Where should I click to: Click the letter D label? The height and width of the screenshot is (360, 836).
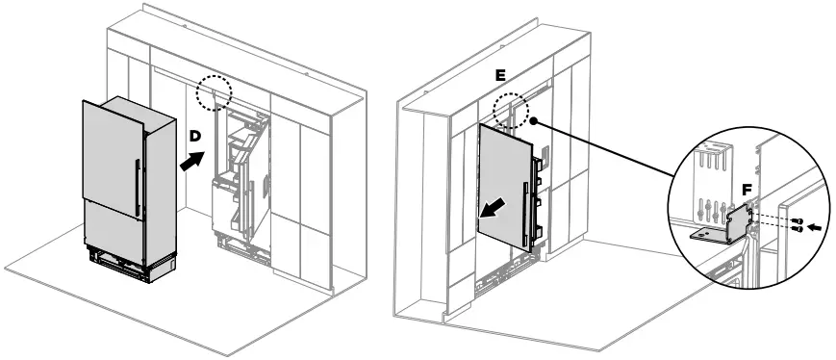(x=194, y=136)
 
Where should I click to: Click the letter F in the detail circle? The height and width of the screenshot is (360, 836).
(x=747, y=191)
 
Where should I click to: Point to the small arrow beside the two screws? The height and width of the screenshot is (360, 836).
(x=815, y=227)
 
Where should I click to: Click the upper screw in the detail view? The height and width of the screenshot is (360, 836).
(x=798, y=221)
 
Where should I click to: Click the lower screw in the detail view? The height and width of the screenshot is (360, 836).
(x=798, y=230)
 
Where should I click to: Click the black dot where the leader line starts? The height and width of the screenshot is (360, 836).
(x=531, y=123)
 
